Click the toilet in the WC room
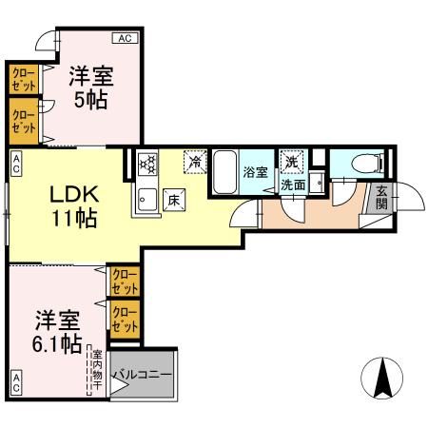tap(368, 164)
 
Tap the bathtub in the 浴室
tap(224, 172)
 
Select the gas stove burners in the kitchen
tap(147, 164)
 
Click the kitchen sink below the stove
tap(147, 200)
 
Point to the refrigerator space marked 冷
tap(195, 162)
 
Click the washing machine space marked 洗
tap(291, 162)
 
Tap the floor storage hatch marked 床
tap(174, 200)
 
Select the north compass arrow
tap(382, 378)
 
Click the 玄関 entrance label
tap(382, 198)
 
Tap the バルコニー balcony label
tap(143, 375)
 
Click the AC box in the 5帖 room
tap(126, 38)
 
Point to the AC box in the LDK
tap(16, 163)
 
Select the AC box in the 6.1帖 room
tap(16, 382)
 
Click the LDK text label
tap(74, 195)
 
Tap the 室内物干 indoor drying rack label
tap(97, 370)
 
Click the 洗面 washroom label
tap(293, 185)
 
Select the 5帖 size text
tap(90, 101)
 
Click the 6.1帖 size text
tap(57, 344)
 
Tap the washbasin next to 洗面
tap(317, 183)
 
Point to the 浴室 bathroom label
tap(256, 172)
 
